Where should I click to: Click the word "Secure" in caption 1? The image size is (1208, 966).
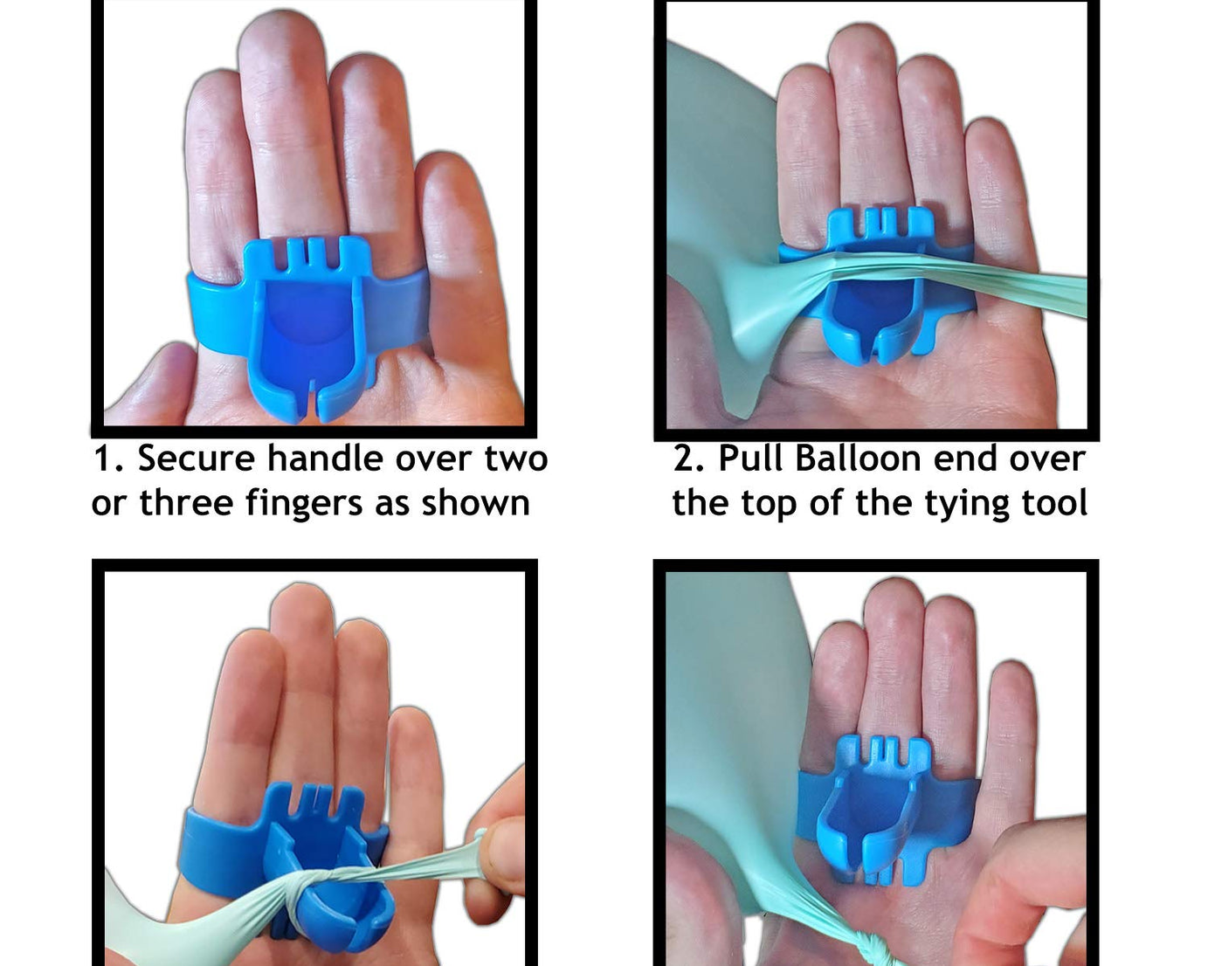coord(196,459)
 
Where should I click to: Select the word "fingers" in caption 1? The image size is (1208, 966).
coord(304,503)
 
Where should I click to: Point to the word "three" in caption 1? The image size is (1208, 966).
coord(186,502)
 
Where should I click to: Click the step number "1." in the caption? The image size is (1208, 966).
coord(110,459)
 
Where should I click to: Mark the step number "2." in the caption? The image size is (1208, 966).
coord(690,459)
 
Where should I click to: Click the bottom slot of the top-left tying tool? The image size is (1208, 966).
coord(312,401)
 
